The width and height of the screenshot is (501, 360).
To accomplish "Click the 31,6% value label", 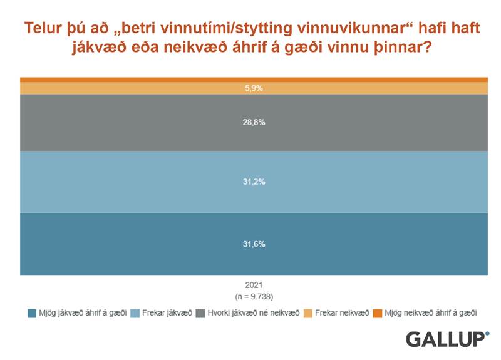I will pos(254,244).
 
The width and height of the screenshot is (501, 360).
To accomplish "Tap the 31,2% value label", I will pos(254,182).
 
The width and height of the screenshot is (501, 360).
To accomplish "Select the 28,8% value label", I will pos(254,122).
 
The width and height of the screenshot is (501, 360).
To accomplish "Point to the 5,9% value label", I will pos(254,88).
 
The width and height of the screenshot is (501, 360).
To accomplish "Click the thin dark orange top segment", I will pos(254,80).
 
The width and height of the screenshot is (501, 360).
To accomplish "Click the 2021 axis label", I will pos(254,285).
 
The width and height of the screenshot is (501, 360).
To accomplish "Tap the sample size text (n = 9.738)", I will pos(254,296).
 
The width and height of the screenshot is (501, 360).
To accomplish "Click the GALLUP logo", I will pos(446,339).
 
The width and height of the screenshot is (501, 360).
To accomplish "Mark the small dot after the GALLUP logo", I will pos(487,334).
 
